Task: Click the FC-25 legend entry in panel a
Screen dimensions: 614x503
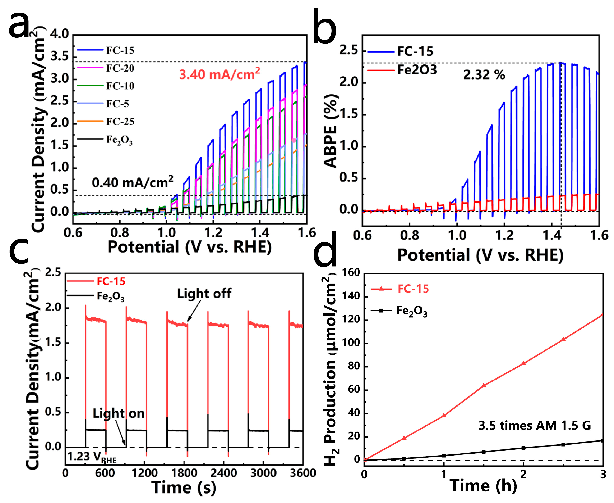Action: tap(106, 121)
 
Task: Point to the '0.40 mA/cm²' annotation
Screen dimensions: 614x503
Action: tap(133, 182)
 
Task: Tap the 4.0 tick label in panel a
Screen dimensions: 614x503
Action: tap(60, 34)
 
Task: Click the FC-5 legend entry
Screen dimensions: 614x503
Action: tap(103, 103)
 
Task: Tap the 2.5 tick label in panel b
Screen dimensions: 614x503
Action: tap(348, 50)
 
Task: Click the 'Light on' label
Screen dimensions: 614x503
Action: tap(118, 413)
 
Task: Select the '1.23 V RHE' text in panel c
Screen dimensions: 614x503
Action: tap(92, 457)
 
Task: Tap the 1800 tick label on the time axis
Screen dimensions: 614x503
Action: tap(184, 473)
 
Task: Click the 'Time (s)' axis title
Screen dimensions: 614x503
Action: tap(184, 488)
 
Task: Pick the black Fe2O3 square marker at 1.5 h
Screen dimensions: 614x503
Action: tap(483, 452)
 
